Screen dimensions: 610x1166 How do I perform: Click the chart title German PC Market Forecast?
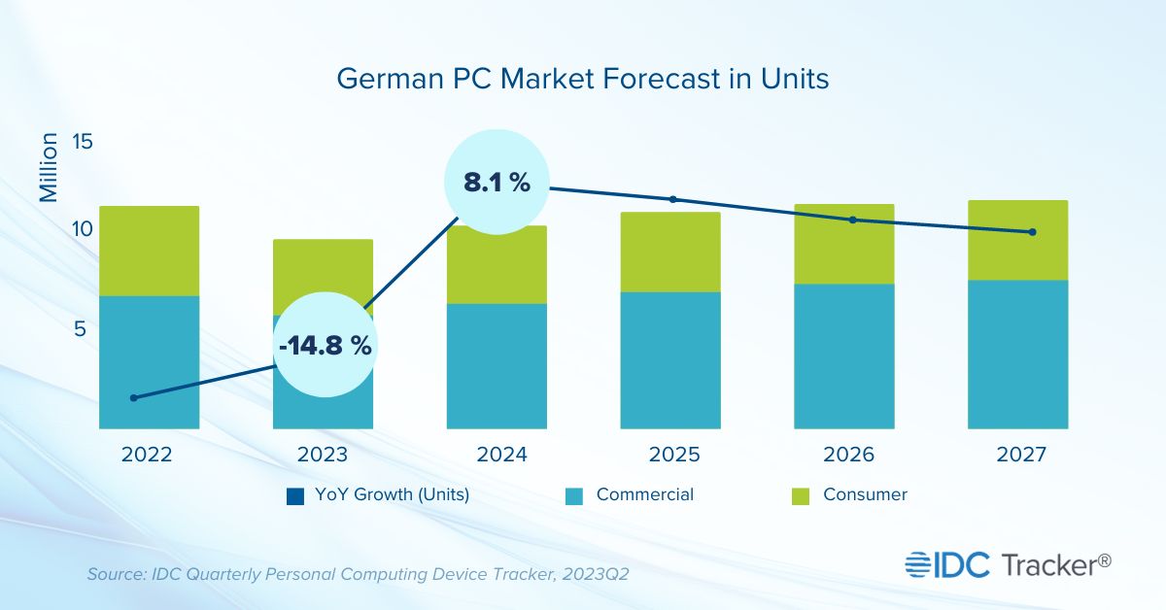[x=583, y=79]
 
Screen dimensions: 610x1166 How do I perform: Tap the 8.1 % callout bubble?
[x=497, y=182]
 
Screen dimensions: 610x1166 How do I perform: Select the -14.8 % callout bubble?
[x=324, y=346]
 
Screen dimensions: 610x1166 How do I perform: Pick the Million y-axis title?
[x=49, y=168]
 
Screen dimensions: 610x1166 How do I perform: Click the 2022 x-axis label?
[x=149, y=455]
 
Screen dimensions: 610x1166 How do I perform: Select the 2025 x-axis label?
[x=670, y=455]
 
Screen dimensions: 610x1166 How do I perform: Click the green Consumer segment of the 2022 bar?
[x=149, y=251]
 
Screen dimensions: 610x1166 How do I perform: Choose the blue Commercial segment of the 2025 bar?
[x=670, y=359]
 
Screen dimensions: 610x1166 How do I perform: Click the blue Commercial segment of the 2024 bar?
[x=497, y=365]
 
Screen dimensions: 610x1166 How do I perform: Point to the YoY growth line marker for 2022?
[x=134, y=397]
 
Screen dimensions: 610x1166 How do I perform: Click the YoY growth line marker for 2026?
[x=853, y=220]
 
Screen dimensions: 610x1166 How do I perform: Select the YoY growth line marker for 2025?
[x=672, y=199]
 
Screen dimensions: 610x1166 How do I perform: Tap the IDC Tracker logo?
[x=1009, y=563]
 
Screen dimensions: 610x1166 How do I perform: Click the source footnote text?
[x=358, y=574]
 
